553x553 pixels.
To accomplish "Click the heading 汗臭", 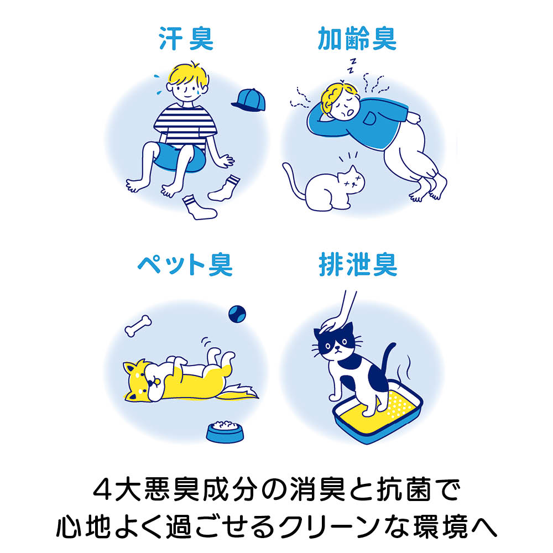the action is (186, 39).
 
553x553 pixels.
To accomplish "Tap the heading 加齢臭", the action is (357, 39).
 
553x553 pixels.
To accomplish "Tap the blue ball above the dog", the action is (237, 314).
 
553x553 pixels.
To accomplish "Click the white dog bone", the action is (138, 326).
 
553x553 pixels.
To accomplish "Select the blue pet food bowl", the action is (225, 431).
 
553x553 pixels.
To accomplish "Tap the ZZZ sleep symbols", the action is (352, 66).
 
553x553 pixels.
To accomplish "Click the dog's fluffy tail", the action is (237, 392).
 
